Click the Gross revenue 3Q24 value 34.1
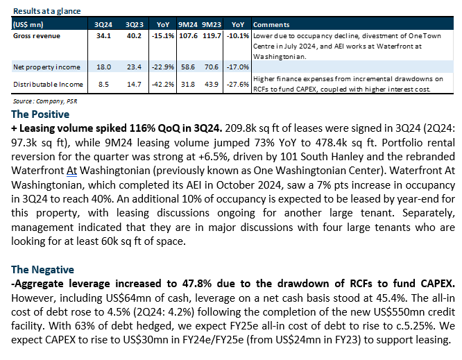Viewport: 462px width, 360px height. (x=103, y=36)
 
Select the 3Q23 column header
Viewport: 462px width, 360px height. (x=135, y=25)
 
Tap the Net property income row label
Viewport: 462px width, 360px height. (x=46, y=67)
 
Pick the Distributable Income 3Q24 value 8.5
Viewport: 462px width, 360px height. (x=103, y=85)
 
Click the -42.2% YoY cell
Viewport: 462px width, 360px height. (x=162, y=85)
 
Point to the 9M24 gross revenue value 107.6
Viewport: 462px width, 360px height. (x=188, y=36)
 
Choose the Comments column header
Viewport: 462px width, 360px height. (x=271, y=25)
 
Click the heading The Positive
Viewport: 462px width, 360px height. (x=40, y=114)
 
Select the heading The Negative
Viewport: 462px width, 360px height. (x=43, y=270)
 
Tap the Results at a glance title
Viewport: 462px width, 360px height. (x=47, y=11)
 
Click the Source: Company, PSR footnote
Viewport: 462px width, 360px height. (x=45, y=101)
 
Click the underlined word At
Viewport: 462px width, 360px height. (x=71, y=171)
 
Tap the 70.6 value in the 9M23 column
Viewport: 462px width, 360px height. (x=212, y=67)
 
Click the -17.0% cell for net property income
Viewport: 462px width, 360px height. (x=237, y=67)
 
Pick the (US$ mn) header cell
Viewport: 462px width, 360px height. (x=28, y=25)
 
